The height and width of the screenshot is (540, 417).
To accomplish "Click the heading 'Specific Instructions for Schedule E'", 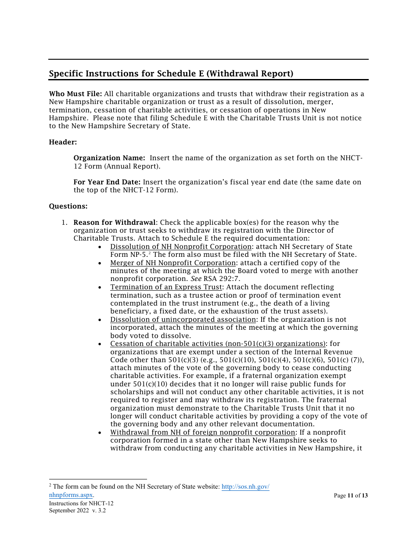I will point(171,74).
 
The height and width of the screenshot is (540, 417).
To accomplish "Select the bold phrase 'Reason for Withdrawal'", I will point(114,223).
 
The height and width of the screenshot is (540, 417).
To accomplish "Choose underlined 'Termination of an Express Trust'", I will point(166,287).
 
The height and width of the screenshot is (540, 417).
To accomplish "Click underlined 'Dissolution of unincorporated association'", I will point(183,320).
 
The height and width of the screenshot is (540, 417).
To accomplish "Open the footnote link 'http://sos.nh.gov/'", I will point(245,487).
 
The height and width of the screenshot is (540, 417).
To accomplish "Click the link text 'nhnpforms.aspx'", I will point(71,495).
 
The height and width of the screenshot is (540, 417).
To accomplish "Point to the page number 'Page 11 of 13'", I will point(350,496).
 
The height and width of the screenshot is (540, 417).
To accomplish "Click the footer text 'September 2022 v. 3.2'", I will point(77,511).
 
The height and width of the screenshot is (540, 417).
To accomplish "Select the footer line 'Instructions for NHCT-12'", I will point(81,503).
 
